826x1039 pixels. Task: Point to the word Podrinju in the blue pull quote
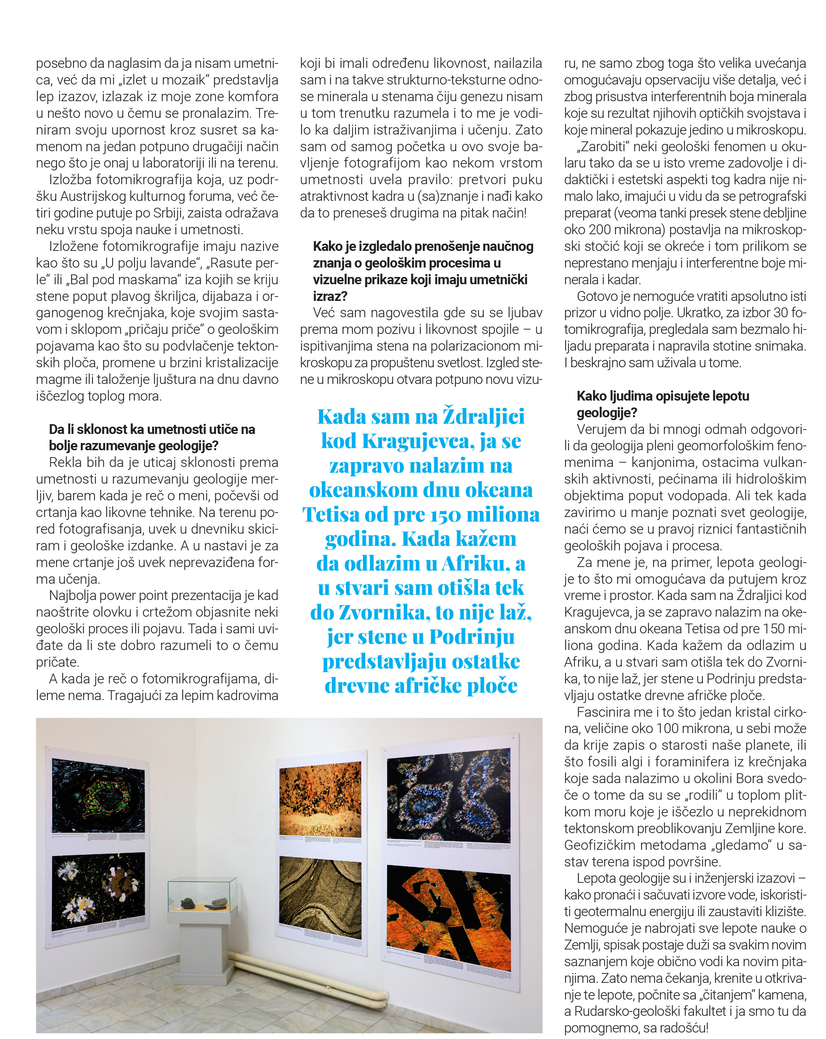472,637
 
